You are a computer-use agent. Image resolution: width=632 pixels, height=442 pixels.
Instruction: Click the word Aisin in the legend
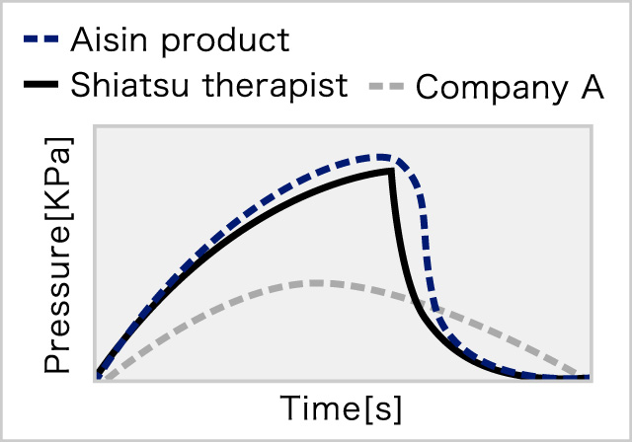pos(109,39)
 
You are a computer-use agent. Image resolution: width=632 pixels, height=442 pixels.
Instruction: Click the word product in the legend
pos(225,42)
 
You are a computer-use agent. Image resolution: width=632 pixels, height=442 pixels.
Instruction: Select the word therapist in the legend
pos(275,88)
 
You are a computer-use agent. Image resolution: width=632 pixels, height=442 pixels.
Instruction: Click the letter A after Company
pos(592,86)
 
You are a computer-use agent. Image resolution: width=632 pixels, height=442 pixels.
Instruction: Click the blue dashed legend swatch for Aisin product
pos(41,39)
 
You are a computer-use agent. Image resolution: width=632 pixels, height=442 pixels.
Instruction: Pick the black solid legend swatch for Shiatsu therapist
pos(41,85)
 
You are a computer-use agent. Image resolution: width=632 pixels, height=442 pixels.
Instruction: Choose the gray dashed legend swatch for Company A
pos(386,86)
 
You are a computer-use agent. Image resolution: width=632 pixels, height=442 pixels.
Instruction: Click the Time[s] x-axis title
pos(341,408)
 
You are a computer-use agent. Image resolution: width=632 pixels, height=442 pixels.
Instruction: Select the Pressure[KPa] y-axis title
pos(58,255)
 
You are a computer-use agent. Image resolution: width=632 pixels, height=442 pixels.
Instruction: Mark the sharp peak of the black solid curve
pos(391,171)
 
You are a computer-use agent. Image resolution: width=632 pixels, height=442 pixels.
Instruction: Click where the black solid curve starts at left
pos(99,371)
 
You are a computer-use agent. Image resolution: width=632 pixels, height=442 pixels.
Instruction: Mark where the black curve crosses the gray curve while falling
pos(415,301)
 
